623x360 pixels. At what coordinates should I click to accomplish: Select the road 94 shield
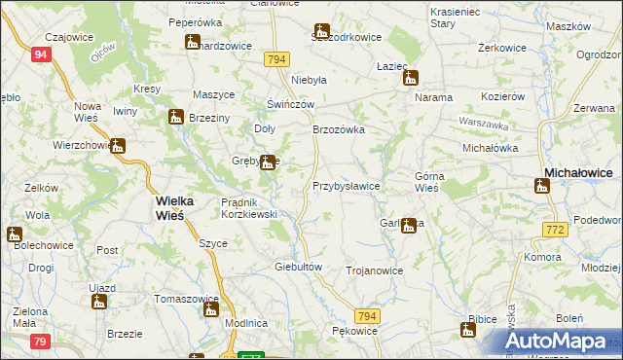[40, 55]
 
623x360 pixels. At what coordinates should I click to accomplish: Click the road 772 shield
[555, 229]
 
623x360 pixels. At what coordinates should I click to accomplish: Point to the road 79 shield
[40, 341]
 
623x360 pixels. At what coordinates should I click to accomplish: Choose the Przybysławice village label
[346, 185]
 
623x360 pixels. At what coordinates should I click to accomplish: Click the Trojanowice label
[374, 270]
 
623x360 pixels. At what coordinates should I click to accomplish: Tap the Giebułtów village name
[298, 266]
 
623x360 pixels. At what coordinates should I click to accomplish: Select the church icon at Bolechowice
[14, 234]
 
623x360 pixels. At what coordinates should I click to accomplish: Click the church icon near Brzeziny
[176, 118]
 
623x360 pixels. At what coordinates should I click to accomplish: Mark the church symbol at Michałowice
[542, 185]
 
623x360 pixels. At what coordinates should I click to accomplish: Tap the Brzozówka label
[338, 128]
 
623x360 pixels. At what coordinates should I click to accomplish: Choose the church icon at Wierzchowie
[118, 147]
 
